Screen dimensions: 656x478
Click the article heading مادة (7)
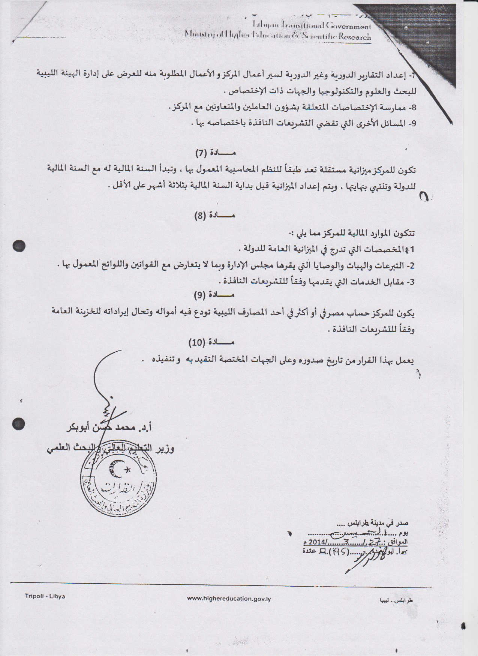click(215, 153)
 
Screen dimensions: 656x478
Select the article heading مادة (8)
click(214, 216)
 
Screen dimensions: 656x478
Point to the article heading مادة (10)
click(212, 343)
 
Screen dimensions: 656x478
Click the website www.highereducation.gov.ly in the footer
click(229, 599)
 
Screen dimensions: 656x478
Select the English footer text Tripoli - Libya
click(45, 596)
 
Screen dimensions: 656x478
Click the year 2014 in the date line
click(317, 542)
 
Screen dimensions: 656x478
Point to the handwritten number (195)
click(339, 551)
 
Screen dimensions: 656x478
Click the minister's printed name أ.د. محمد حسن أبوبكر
click(109, 428)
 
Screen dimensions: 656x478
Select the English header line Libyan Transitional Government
click(312, 26)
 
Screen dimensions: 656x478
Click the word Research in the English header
click(355, 37)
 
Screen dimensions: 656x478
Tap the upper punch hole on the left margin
click(19, 246)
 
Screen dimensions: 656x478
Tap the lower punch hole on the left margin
click(18, 424)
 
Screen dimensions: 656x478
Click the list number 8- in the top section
click(412, 108)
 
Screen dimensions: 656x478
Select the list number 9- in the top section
click(412, 124)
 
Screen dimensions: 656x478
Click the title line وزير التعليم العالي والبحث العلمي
click(111, 448)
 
